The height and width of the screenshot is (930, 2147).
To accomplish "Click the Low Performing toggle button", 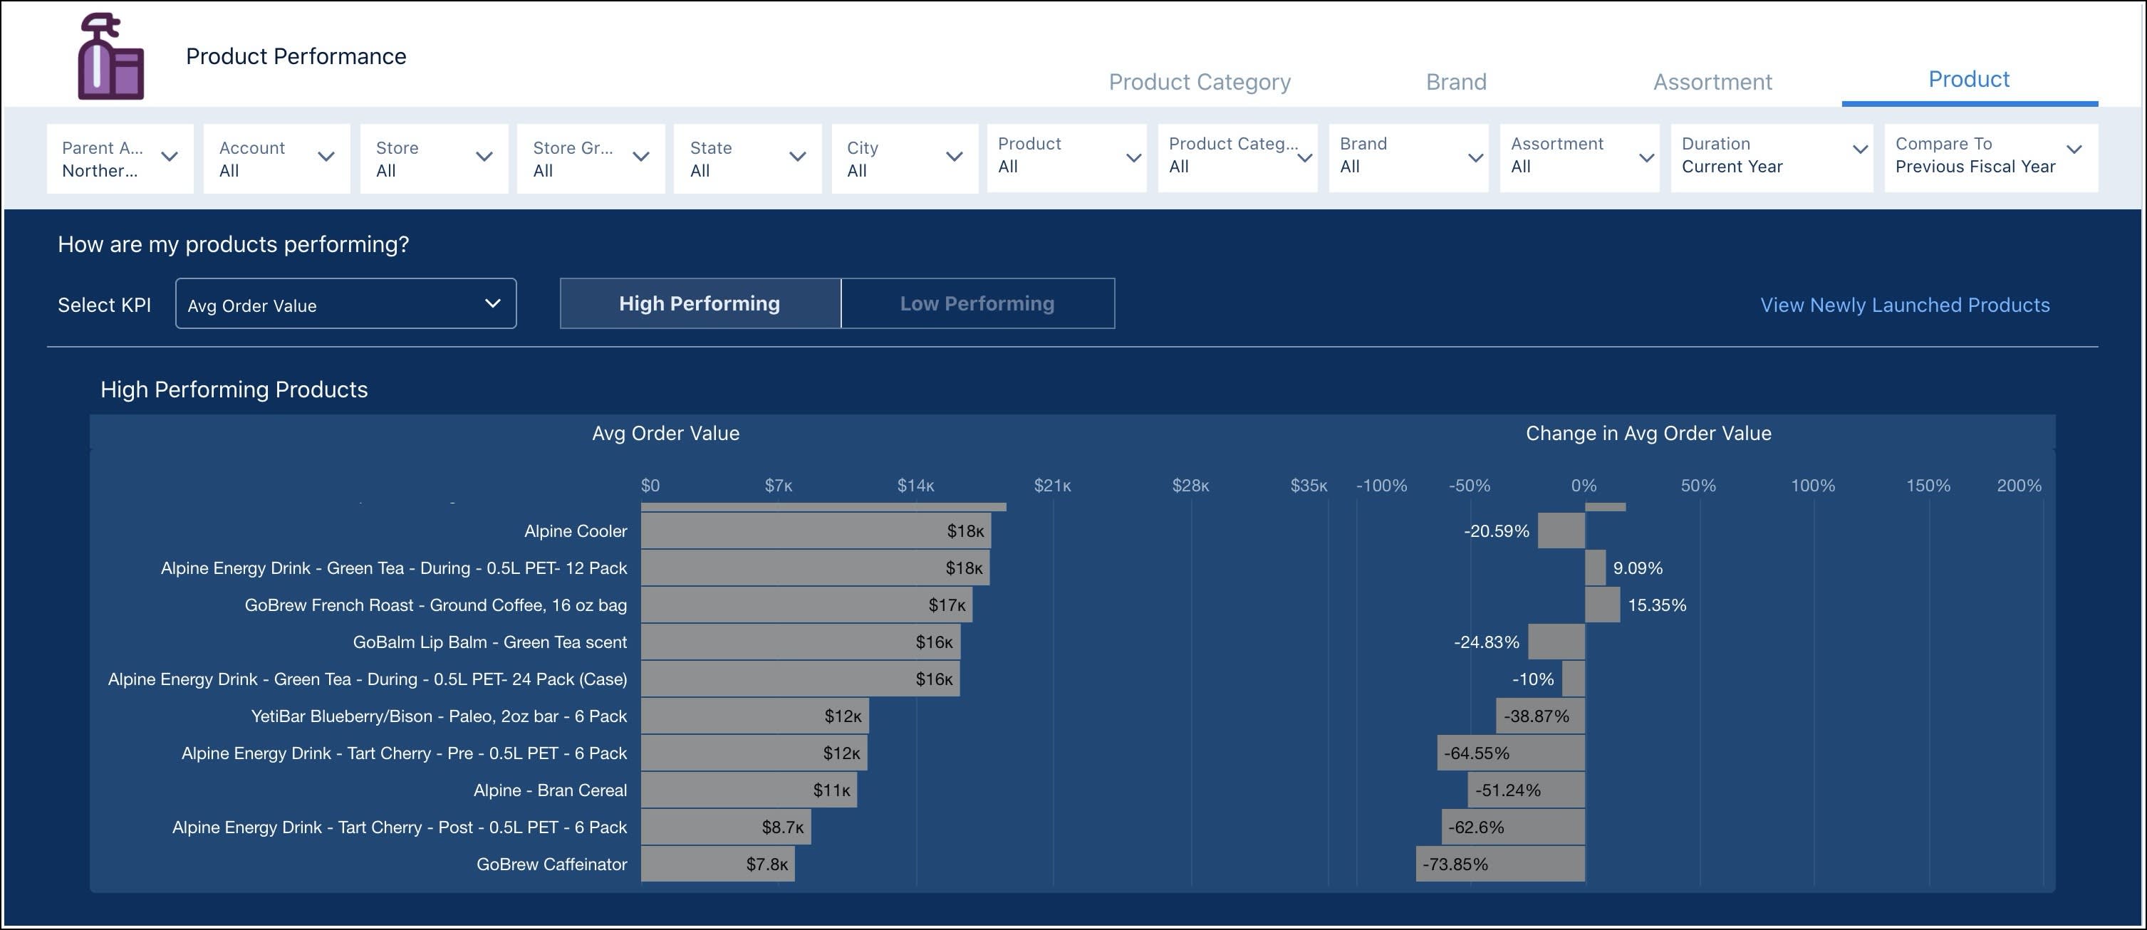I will coord(977,303).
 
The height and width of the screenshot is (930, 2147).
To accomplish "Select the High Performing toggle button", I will coord(700,303).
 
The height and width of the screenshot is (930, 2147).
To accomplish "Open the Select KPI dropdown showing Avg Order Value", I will coord(345,305).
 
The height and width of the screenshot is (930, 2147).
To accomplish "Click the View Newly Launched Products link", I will coord(1905,305).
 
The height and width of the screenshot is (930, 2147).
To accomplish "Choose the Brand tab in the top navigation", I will coord(1455,82).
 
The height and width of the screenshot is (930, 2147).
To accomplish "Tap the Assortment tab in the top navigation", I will coord(1712,82).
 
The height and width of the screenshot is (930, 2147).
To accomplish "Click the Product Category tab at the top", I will coord(1199,82).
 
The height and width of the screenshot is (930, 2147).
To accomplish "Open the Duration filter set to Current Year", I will coord(1771,156).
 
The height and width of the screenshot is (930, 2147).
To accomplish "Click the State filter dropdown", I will coord(747,158).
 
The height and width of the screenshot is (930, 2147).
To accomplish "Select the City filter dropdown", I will coord(904,158).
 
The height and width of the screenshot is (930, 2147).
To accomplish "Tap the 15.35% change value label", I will coord(1656,606).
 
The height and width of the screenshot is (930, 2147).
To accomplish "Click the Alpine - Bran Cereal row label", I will coord(550,790).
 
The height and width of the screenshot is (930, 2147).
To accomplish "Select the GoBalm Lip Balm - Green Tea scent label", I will coord(489,642).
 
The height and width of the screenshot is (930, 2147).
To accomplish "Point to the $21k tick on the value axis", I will coord(1052,486).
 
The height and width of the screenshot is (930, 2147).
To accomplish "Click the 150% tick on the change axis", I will coord(1927,486).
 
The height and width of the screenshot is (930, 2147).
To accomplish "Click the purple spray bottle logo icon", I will coord(111,57).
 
